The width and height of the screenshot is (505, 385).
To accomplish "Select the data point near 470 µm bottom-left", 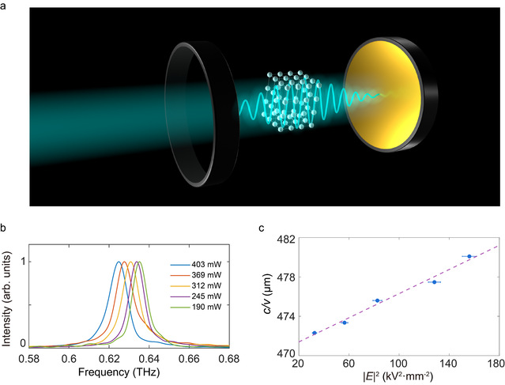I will [314, 333].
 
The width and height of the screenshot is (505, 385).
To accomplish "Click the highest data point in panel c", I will [469, 256].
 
